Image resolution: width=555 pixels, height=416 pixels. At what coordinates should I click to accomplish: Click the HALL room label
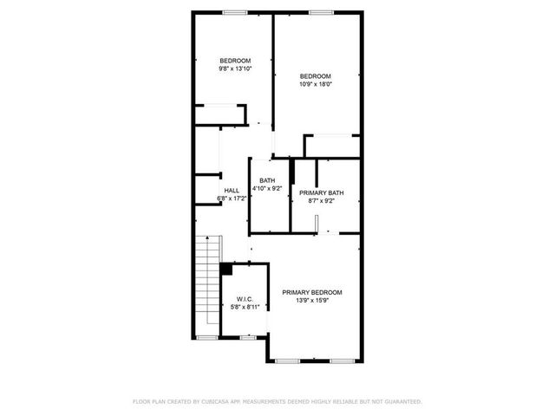point(232,191)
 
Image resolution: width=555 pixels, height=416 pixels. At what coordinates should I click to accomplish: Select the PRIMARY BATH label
point(321,192)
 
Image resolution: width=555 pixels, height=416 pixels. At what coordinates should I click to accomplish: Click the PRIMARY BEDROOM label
point(312,292)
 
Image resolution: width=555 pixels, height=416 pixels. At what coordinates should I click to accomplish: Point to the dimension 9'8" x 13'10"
point(235,68)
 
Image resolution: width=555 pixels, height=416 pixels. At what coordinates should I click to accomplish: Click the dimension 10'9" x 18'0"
point(317,84)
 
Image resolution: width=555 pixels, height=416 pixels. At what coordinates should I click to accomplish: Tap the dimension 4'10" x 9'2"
point(266,189)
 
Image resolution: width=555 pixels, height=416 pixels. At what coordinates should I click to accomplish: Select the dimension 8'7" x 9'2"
point(321,200)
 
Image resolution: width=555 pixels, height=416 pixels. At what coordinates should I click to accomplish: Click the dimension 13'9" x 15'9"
point(312,301)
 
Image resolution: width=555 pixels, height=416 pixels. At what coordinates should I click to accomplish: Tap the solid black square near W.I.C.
point(226,269)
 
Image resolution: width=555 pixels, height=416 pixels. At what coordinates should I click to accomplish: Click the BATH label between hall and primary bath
point(266,180)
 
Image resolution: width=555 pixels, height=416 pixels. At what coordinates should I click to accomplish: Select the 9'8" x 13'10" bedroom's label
point(235,60)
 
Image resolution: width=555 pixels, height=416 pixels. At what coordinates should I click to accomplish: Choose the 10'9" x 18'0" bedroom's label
point(317,75)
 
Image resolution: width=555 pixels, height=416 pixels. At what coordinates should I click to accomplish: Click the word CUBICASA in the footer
point(216,401)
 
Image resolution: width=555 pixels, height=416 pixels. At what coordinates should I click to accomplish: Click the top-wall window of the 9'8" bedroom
point(234,12)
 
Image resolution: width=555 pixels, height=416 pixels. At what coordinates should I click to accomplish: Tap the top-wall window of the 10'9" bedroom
point(321,12)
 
